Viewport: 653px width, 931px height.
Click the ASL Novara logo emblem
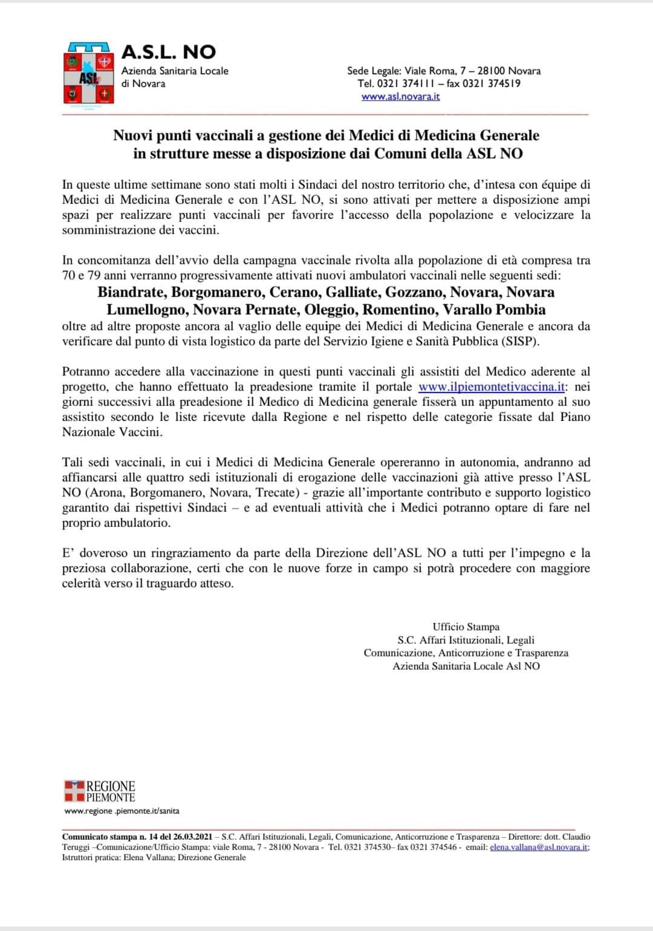point(88,77)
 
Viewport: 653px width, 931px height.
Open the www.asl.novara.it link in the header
point(400,97)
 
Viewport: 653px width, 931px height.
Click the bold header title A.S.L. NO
point(169,52)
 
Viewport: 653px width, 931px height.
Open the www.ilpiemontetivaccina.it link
point(492,387)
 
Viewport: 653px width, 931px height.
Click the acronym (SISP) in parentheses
point(519,341)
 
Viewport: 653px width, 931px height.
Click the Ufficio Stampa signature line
point(466,627)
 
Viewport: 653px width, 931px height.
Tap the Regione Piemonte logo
point(100,792)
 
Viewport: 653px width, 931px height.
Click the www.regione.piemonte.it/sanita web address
point(122,811)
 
